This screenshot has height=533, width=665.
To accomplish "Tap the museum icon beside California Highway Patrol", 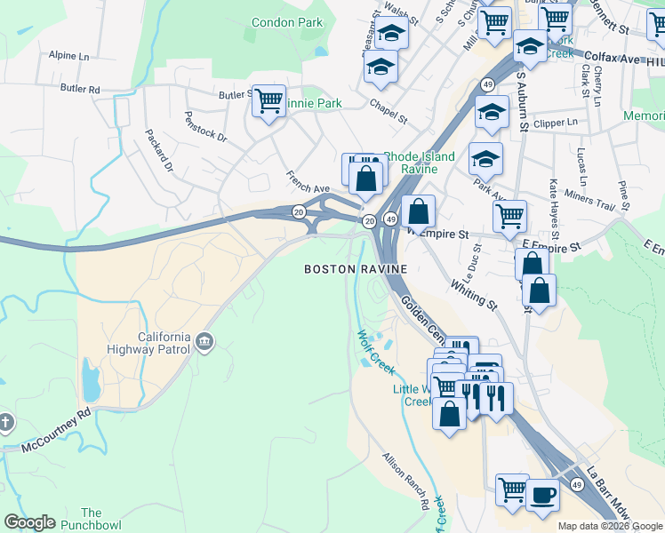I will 205,341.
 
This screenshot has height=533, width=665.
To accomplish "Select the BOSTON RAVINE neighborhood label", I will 356,268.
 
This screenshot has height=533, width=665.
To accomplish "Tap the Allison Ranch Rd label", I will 406,481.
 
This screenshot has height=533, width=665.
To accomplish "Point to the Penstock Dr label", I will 205,126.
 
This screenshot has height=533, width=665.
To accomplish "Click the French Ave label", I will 308,181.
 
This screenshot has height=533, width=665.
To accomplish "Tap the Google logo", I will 29,522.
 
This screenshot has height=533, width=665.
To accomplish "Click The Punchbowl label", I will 92,519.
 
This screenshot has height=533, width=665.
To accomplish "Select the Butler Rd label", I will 80,89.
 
